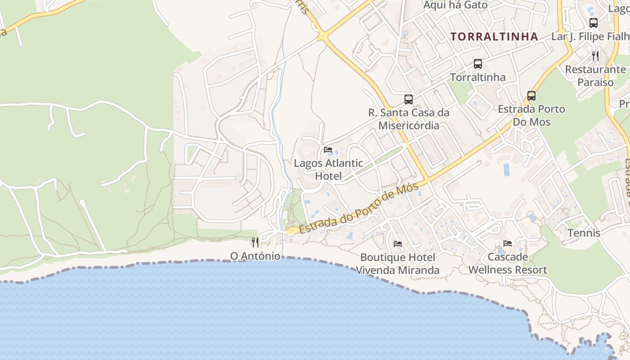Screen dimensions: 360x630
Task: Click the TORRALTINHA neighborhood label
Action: click(x=494, y=36)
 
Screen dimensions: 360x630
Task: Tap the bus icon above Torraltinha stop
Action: click(x=478, y=64)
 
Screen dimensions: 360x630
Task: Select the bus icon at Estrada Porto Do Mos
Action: click(x=531, y=95)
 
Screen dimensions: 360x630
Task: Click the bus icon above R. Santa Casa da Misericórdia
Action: click(x=409, y=99)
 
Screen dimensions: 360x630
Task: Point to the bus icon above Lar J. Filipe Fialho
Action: click(x=594, y=22)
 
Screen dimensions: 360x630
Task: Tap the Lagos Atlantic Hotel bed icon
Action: click(x=328, y=150)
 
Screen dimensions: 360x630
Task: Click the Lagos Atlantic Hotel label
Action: click(x=328, y=169)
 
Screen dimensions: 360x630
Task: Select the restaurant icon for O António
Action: click(x=255, y=243)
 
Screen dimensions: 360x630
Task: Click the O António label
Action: click(x=255, y=256)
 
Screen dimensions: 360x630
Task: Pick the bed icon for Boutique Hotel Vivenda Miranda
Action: click(x=398, y=244)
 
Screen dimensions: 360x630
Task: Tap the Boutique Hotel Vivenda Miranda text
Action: click(x=398, y=264)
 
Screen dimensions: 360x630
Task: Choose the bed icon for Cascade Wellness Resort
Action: click(x=508, y=243)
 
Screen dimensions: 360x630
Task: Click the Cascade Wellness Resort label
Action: click(x=508, y=263)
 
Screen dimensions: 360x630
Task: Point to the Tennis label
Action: click(x=584, y=233)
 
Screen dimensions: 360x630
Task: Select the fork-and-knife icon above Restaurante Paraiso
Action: click(x=595, y=56)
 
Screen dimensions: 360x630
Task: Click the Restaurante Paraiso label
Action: click(x=595, y=76)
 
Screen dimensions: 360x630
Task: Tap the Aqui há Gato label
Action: click(x=456, y=5)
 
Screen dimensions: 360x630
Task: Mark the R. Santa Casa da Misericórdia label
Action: click(x=409, y=119)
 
